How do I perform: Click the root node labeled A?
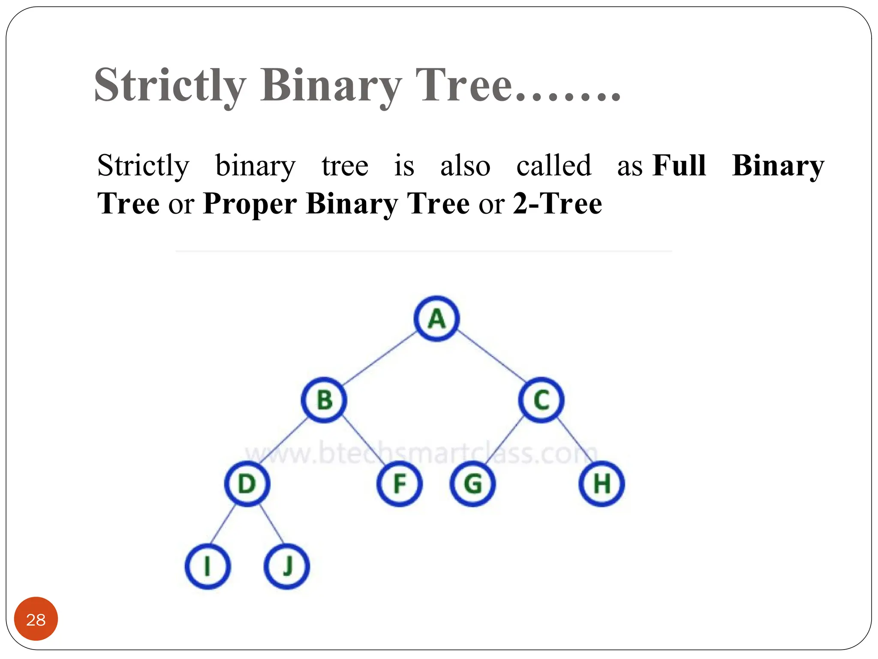point(436,319)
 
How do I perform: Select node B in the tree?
point(324,400)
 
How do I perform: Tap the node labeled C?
point(541,400)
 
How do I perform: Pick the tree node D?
point(247,484)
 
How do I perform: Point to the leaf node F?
point(400,484)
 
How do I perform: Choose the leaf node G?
point(473,484)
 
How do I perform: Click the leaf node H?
point(601,484)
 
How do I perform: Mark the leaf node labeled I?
point(208,566)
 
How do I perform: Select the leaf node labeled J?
point(287,566)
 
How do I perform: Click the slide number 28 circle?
point(36,620)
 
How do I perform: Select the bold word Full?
point(679,165)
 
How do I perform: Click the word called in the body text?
point(553,165)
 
